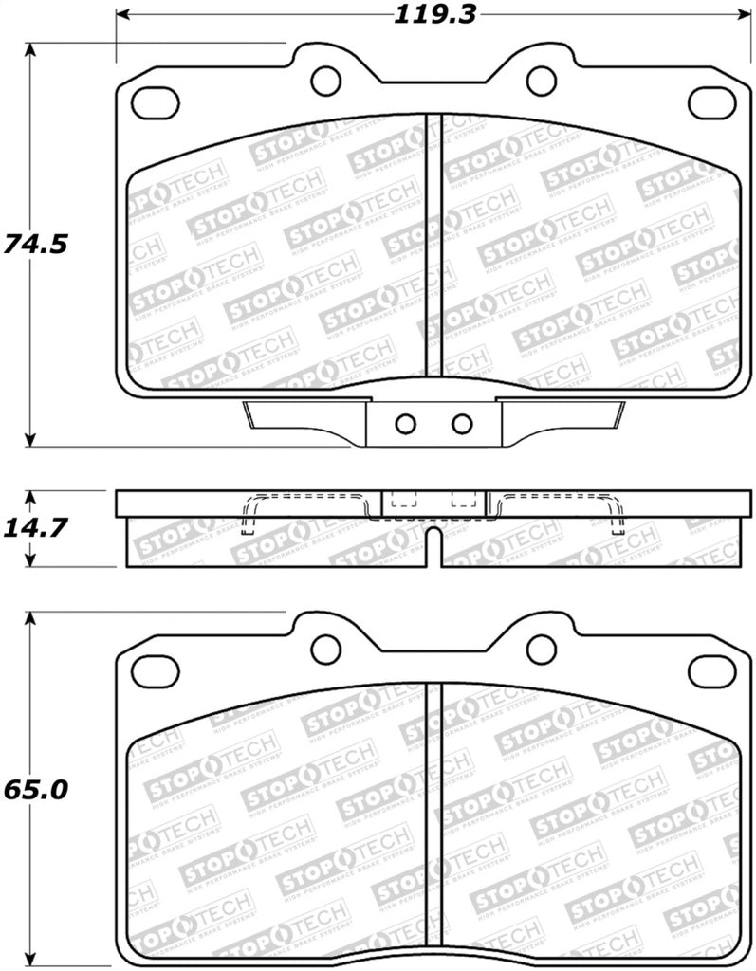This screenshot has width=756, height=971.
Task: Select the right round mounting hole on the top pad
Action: click(x=541, y=80)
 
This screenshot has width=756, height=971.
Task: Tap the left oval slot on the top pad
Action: click(x=155, y=99)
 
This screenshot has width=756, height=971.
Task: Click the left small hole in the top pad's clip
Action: click(x=405, y=423)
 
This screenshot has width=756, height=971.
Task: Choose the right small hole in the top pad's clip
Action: click(x=461, y=423)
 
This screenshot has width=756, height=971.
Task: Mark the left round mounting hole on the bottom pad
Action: click(x=325, y=650)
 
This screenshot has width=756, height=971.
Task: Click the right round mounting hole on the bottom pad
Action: click(x=541, y=650)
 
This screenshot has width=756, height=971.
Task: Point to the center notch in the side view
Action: click(x=433, y=547)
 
